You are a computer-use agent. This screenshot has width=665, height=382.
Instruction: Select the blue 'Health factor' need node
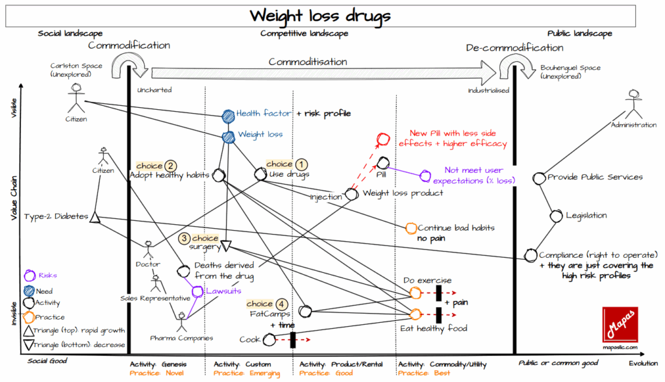pyautogui.click(x=228, y=116)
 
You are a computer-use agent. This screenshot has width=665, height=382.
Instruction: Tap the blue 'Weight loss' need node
pyautogui.click(x=228, y=137)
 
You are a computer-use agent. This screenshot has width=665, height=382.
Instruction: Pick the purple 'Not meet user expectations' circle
pyautogui.click(x=425, y=175)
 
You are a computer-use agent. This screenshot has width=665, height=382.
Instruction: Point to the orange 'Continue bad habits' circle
pyautogui.click(x=410, y=228)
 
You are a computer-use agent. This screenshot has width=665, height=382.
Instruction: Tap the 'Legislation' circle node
pyautogui.click(x=556, y=216)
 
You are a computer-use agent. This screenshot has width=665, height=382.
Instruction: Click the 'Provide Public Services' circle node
pyautogui.click(x=538, y=177)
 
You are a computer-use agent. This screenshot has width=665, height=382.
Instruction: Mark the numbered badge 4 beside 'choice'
pyautogui.click(x=281, y=303)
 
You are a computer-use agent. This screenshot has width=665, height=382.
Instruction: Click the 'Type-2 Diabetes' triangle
pyautogui.click(x=94, y=217)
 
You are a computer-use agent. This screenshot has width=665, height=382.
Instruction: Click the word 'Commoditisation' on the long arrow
pyautogui.click(x=307, y=62)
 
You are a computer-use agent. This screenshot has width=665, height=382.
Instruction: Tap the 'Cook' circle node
pyautogui.click(x=268, y=338)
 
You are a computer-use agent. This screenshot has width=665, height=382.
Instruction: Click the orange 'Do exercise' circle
pyautogui.click(x=415, y=292)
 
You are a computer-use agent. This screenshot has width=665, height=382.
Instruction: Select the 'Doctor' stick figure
pyautogui.click(x=148, y=248)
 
